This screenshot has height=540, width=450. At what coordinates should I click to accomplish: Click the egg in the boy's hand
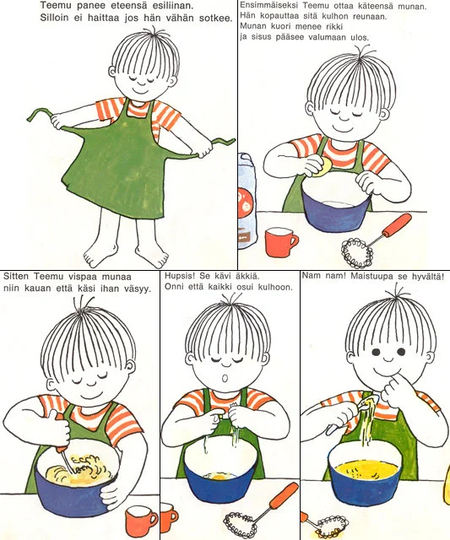[323, 167]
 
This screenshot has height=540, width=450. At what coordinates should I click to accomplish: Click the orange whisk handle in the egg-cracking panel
[398, 225]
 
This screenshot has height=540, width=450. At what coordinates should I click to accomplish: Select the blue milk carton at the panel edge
[247, 201]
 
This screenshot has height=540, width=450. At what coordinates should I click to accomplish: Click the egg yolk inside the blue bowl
[219, 477]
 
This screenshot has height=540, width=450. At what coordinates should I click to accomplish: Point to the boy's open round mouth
[225, 378]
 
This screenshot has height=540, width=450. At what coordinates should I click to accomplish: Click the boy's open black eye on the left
[377, 353]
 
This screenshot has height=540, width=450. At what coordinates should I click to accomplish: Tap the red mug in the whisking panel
[141, 520]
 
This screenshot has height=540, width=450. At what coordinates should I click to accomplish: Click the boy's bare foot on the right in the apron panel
[152, 256]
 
